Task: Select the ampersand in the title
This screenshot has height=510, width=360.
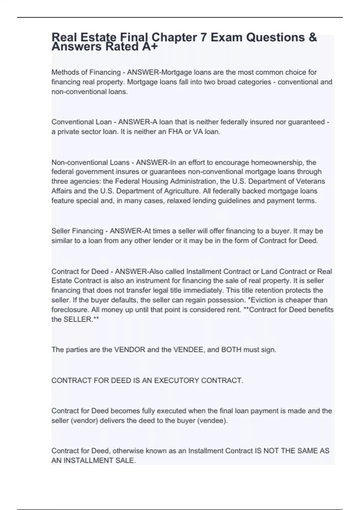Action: pyautogui.click(x=312, y=37)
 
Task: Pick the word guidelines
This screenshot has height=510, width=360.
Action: pyautogui.click(x=226, y=201)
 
